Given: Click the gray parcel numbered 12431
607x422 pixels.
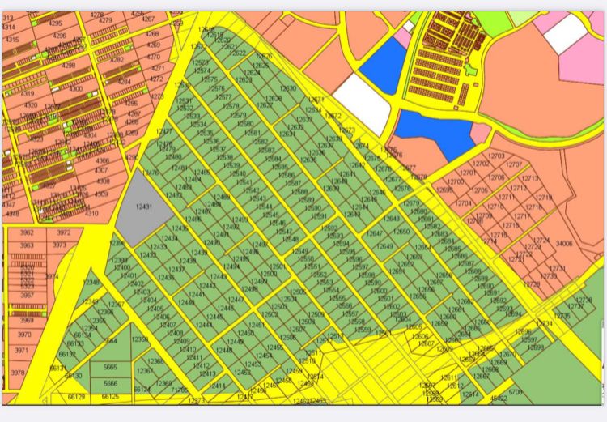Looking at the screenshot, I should pyautogui.click(x=144, y=208).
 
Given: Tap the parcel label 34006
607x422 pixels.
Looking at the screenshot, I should pyautogui.click(x=564, y=243).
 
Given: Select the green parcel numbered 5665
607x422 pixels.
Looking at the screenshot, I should pyautogui.click(x=110, y=367).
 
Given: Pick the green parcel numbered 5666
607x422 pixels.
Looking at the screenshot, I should pyautogui.click(x=110, y=383).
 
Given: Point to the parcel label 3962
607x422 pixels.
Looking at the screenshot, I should pyautogui.click(x=27, y=232).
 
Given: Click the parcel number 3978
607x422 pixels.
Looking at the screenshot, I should pyautogui.click(x=19, y=373).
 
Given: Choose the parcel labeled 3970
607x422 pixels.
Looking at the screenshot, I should pyautogui.click(x=23, y=334).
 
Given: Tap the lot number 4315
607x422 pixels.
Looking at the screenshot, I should pyautogui.click(x=11, y=40).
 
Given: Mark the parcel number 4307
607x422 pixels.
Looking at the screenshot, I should pyautogui.click(x=100, y=171).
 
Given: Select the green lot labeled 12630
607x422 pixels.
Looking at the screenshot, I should pyautogui.click(x=288, y=88).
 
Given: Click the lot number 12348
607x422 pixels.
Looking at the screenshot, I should pyautogui.click(x=91, y=283).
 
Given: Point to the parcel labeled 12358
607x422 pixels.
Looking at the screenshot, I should pyautogui.click(x=139, y=339).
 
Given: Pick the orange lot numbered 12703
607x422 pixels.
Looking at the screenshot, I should pyautogui.click(x=496, y=156).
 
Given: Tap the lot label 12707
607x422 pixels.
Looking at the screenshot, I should pyautogui.click(x=515, y=164).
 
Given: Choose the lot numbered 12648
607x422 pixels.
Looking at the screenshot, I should pyautogui.click(x=391, y=219).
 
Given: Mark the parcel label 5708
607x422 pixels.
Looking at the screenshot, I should pyautogui.click(x=515, y=392).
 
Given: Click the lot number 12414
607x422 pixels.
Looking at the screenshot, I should pyautogui.click(x=217, y=386).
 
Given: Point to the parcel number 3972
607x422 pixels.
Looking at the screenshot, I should pyautogui.click(x=64, y=232).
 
